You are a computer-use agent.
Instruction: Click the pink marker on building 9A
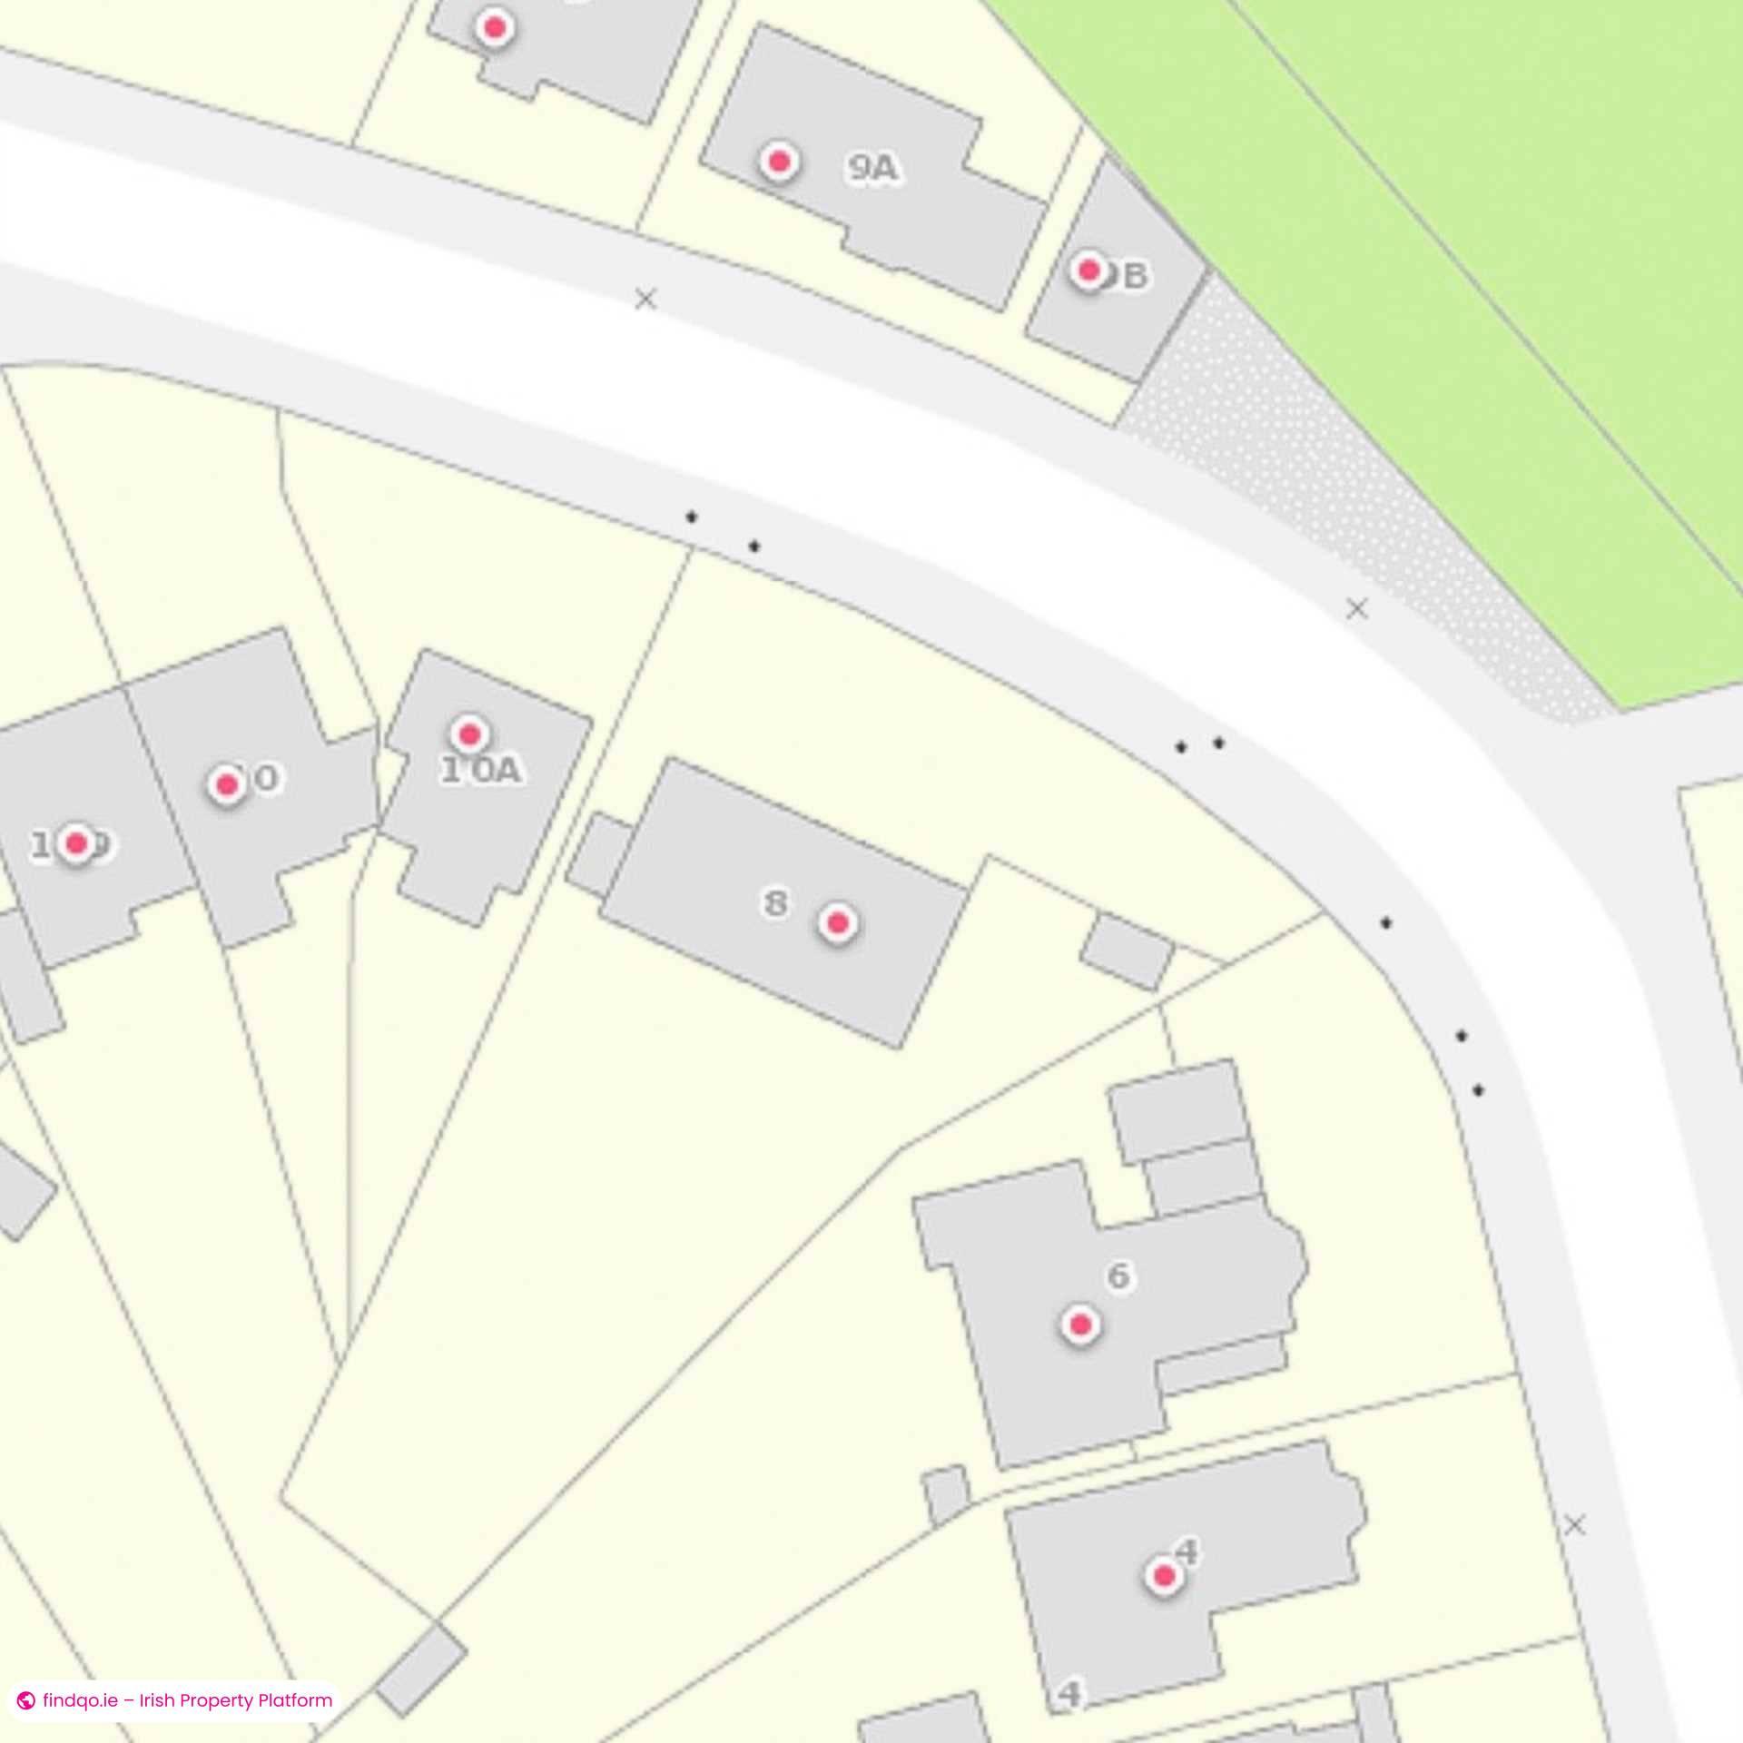pyautogui.click(x=778, y=162)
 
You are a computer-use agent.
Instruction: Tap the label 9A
pyautogui.click(x=872, y=168)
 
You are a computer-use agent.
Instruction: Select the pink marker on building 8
pyautogui.click(x=838, y=923)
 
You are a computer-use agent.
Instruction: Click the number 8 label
pyautogui.click(x=775, y=903)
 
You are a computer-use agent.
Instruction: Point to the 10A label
pyautogui.click(x=481, y=771)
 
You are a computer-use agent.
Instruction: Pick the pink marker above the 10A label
pyautogui.click(x=469, y=734)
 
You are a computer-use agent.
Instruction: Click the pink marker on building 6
pyautogui.click(x=1080, y=1325)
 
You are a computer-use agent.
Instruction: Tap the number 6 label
pyautogui.click(x=1118, y=1276)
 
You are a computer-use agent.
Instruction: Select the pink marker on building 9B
pyautogui.click(x=1088, y=270)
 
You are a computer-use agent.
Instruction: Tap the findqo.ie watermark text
pyautogui.click(x=187, y=1700)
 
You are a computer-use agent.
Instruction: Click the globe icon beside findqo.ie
pyautogui.click(x=26, y=1700)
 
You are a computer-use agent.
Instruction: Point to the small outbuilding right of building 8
pyautogui.click(x=1127, y=951)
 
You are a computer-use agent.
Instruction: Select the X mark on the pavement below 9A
pyautogui.click(x=645, y=298)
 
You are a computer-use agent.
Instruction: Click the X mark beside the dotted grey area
pyautogui.click(x=1356, y=608)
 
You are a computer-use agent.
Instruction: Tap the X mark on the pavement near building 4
pyautogui.click(x=1575, y=1525)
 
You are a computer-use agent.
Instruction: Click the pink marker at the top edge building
pyautogui.click(x=495, y=27)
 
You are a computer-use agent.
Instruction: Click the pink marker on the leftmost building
pyautogui.click(x=77, y=843)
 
